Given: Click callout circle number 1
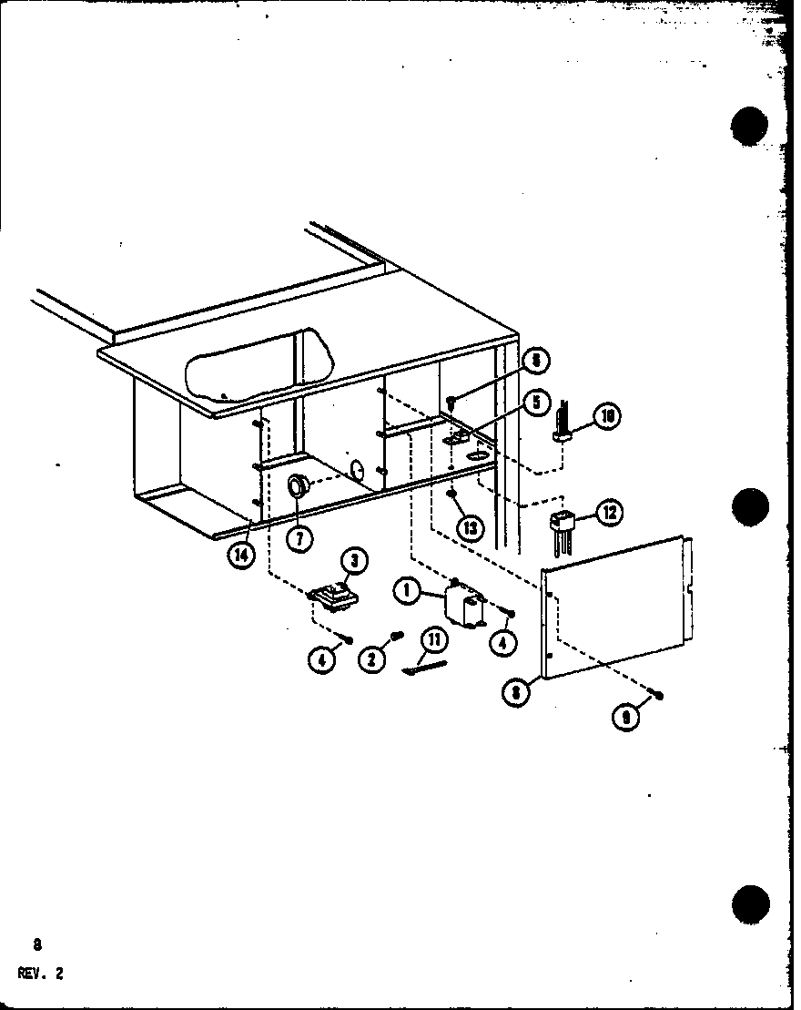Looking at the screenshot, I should pos(407,591).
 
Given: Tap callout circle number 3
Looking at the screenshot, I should pos(352,564).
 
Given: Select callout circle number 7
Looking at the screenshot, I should pos(299,538).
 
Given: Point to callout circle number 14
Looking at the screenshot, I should pos(240,554).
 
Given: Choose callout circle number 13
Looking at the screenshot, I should pos(470,527).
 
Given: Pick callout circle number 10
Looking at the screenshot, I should pos(607,416).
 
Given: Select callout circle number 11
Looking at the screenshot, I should pos(434,639).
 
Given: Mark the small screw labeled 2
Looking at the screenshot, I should pos(397,635).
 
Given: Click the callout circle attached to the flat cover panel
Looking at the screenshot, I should pos(517,691).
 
